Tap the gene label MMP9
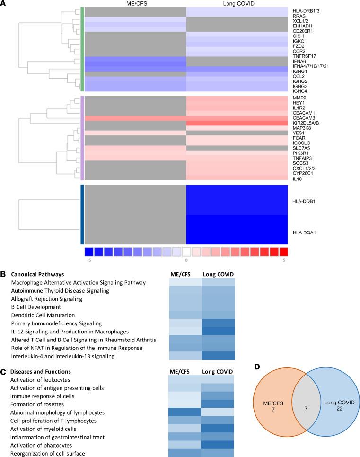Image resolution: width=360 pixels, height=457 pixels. tap(300, 98)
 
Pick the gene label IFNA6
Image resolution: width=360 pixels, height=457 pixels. tap(299, 59)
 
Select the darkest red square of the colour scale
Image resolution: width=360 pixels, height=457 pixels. tap(283, 251)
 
